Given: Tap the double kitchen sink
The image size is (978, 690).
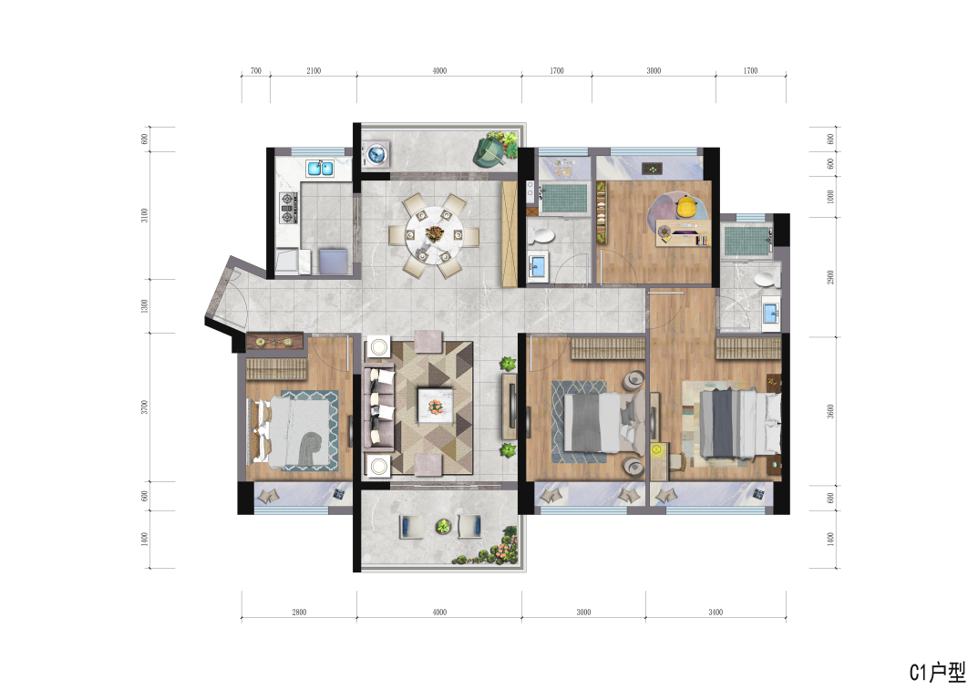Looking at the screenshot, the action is [320, 168].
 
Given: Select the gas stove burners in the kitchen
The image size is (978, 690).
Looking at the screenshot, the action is [287, 209].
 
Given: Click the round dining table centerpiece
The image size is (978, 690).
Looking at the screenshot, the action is [434, 234].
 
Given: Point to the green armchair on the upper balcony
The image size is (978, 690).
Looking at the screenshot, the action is [489, 151].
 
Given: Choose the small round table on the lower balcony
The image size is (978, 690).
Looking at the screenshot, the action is [443, 527].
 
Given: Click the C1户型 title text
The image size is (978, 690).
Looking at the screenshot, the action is [937, 672].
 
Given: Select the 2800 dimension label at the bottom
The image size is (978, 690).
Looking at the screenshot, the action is [299, 612].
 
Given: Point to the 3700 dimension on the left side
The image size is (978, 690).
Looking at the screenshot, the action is [145, 407].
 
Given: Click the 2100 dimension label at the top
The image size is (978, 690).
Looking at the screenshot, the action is [314, 70].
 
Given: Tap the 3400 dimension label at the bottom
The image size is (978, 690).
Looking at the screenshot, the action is [715, 612].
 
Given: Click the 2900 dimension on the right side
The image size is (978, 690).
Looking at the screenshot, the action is [830, 277].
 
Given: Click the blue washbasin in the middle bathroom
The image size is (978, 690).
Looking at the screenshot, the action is [537, 265].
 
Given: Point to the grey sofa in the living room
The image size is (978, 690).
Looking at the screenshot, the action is [378, 408].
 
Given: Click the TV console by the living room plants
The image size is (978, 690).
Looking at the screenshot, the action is [510, 407].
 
